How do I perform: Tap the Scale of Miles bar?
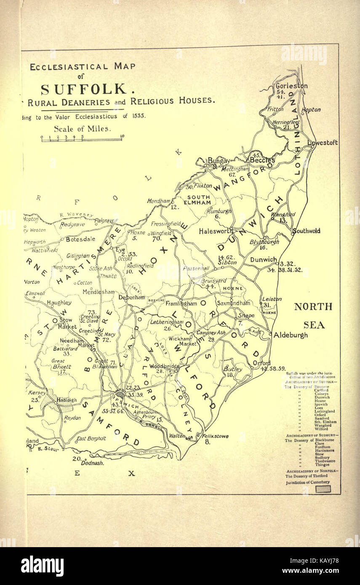(82, 139)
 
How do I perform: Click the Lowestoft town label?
(323, 143)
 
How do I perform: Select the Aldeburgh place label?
(291, 335)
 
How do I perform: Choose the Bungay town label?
(219, 160)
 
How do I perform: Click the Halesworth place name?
(216, 231)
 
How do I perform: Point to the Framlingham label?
(181, 303)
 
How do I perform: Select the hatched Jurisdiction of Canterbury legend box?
(323, 489)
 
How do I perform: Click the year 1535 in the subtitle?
(138, 117)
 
